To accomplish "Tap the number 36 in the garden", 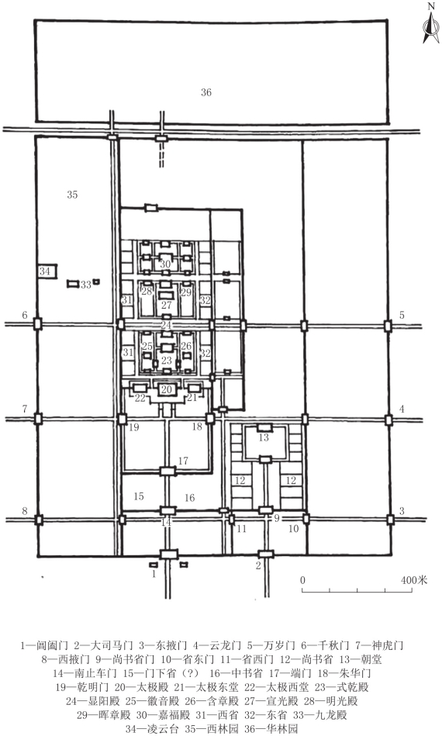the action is click(206, 92).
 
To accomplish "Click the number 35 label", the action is click(72, 195).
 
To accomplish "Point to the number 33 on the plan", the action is click(85, 285).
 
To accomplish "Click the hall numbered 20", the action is click(167, 389).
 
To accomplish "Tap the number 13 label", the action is click(264, 437).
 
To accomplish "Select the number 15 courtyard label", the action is click(139, 496).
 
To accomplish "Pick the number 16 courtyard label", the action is click(189, 498).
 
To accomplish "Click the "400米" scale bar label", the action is click(414, 580).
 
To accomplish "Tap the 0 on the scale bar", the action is click(302, 580).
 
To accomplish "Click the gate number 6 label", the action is click(25, 315).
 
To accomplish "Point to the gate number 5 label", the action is click(402, 315).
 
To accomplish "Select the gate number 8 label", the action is click(25, 511).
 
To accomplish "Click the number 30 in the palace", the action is click(164, 264).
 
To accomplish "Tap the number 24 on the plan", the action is click(166, 325).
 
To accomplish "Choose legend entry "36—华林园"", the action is click(271, 730).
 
